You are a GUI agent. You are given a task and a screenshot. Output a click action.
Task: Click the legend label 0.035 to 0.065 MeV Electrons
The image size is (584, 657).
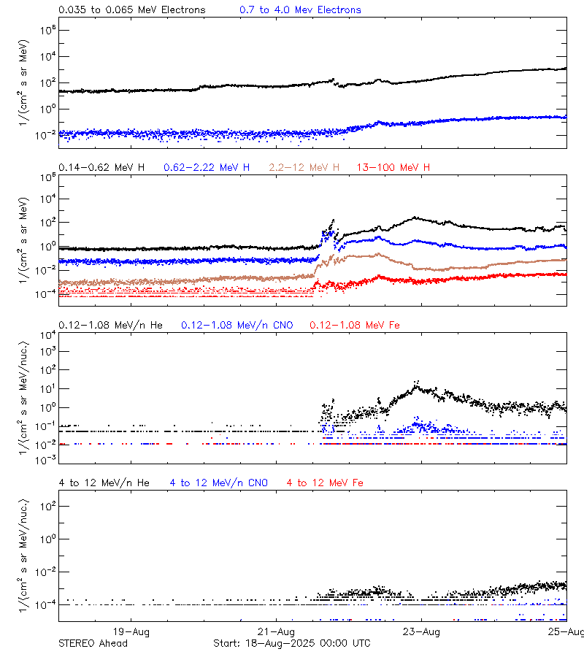click(131, 10)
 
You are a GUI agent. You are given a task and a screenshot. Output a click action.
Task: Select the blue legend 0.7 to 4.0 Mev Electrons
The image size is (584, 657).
click(300, 10)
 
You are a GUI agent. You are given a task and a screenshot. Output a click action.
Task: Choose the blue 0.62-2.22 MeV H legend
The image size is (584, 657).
click(207, 168)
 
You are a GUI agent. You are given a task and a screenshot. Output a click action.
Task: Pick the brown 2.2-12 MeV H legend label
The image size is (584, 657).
click(304, 168)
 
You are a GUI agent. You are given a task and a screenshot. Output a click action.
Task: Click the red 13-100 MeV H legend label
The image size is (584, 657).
click(393, 168)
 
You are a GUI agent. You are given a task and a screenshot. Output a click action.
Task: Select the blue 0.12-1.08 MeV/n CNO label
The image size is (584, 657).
click(237, 325)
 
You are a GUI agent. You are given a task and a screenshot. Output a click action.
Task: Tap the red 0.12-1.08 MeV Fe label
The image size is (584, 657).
click(355, 325)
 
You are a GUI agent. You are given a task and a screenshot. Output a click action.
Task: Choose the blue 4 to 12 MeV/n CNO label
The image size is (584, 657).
click(218, 483)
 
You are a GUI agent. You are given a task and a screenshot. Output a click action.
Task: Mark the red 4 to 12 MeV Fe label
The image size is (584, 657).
click(325, 483)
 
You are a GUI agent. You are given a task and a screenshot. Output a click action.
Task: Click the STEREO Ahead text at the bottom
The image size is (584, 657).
click(93, 643)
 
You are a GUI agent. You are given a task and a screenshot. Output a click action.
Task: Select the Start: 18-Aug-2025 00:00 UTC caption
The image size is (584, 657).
click(291, 643)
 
